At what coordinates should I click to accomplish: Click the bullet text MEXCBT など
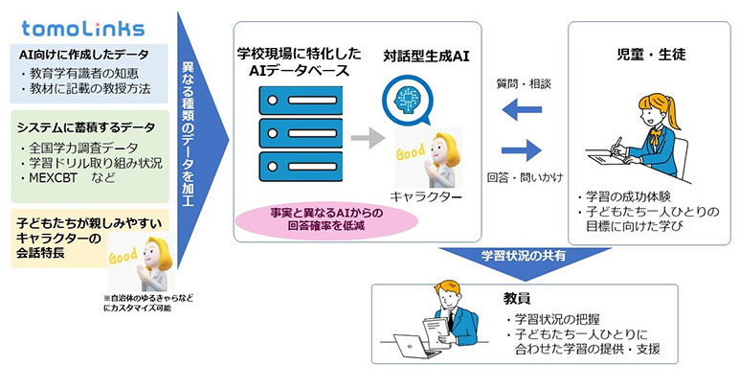coord(68,179)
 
